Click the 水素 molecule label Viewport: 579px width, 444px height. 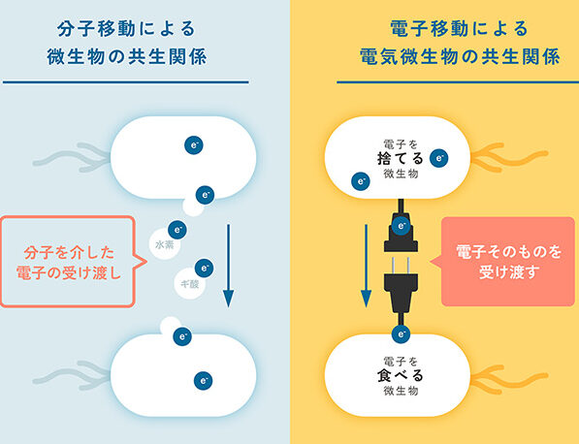pyautogui.click(x=165, y=244)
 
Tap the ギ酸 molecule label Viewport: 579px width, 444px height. pyautogui.click(x=190, y=284)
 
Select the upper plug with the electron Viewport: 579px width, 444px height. pyautogui.click(x=401, y=226)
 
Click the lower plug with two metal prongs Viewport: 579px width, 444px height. pyautogui.click(x=401, y=292)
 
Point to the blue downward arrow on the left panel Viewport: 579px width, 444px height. pyautogui.click(x=228, y=266)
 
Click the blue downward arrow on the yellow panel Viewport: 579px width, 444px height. pyautogui.click(x=366, y=266)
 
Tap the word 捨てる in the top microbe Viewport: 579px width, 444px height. pyautogui.click(x=401, y=159)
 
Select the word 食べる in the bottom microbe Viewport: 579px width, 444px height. pyautogui.click(x=401, y=376)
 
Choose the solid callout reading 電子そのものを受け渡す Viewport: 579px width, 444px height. pyautogui.click(x=508, y=262)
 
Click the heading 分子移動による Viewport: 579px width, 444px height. pyautogui.click(x=126, y=29)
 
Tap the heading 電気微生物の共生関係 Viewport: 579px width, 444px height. pyautogui.click(x=460, y=57)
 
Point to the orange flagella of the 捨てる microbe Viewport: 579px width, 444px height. pyautogui.click(x=509, y=158)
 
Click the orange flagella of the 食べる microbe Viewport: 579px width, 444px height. pyautogui.click(x=509, y=377)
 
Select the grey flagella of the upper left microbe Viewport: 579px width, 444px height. pyautogui.click(x=73, y=158)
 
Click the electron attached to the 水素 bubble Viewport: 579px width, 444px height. pyautogui.click(x=177, y=230)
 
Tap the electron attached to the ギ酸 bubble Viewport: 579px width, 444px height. pyautogui.click(x=205, y=268)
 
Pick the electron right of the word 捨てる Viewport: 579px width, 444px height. pyautogui.click(x=439, y=158)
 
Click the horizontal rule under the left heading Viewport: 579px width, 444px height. pyautogui.click(x=125, y=82)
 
